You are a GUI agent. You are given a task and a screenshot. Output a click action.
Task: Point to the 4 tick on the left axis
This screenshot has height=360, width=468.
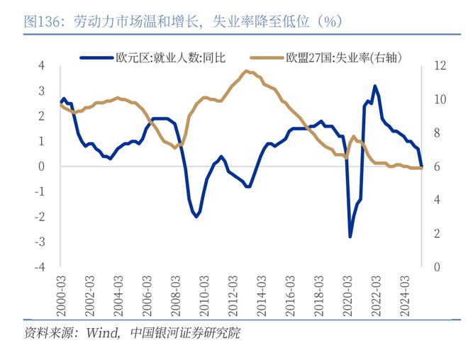pos(42,66)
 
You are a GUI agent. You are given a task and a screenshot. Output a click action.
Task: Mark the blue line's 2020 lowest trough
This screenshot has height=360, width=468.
pos(350,236)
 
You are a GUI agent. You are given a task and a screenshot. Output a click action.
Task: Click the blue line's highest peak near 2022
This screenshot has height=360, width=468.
pos(374,86)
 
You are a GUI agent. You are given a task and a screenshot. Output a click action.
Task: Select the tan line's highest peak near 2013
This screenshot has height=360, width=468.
pos(246,71)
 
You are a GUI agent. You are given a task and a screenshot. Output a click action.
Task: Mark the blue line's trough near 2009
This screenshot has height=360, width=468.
pos(196,216)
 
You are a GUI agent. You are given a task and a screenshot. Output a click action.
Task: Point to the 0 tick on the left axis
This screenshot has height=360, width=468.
pos(42,167)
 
